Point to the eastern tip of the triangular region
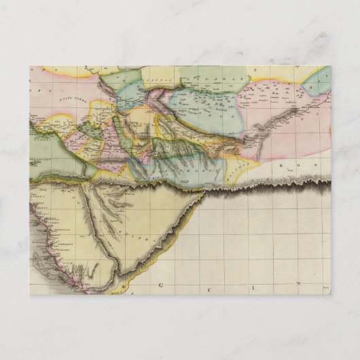point(204,193)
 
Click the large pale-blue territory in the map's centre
point(204,109)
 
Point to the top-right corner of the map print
point(331,66)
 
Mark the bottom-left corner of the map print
point(29,294)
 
